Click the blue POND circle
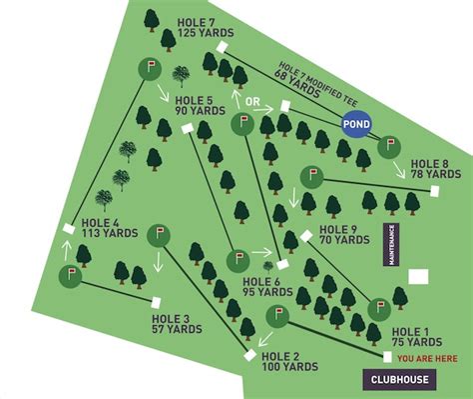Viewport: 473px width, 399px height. point(356,124)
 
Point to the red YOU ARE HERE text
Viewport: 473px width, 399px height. point(428,357)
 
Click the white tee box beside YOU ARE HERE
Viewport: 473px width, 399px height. point(386,356)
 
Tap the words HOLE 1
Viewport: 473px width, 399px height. point(410,331)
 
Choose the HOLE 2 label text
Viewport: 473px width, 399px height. point(281,356)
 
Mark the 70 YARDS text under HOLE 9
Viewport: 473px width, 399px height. point(344,241)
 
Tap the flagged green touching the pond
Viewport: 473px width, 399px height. point(388,147)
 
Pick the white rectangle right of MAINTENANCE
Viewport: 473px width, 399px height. point(419,275)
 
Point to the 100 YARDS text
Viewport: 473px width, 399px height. point(284,368)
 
